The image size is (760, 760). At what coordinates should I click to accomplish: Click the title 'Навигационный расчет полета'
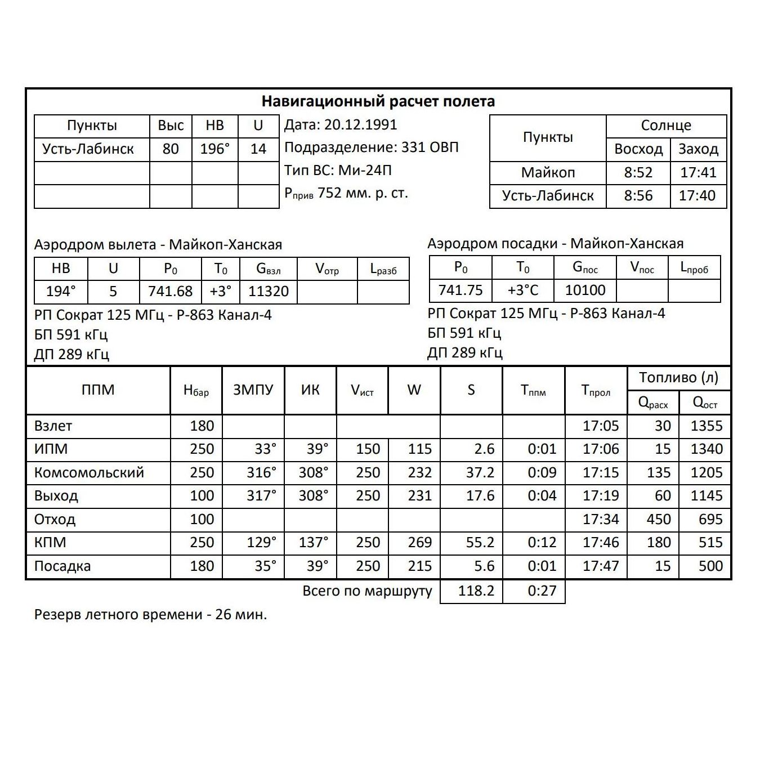tap(378, 101)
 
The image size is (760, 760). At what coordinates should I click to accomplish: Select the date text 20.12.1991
tap(360, 124)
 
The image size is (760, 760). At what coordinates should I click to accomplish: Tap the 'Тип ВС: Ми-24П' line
tap(338, 170)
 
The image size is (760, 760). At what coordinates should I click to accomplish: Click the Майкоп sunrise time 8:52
tap(638, 172)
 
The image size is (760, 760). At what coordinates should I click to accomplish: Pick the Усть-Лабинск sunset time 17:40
tap(698, 195)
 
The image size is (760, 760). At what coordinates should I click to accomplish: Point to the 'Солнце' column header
tap(666, 126)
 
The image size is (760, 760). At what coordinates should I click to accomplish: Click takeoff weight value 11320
tap(269, 291)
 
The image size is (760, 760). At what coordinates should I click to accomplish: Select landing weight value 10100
tap(585, 290)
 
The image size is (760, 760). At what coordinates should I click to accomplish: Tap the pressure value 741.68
tap(170, 291)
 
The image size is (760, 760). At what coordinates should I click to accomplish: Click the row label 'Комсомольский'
tap(89, 472)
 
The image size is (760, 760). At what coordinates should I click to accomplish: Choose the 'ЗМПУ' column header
tap(253, 390)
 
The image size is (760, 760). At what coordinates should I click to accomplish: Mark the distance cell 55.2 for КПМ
tap(480, 542)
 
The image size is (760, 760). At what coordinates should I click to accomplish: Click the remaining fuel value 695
tap(710, 519)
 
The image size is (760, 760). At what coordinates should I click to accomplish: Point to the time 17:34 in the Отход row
tap(601, 519)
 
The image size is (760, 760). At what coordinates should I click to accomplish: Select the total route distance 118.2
tap(476, 591)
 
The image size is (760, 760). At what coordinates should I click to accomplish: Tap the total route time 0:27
tap(542, 591)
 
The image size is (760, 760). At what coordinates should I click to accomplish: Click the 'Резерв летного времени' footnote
tap(150, 614)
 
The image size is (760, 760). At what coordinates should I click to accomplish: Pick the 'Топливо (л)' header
tap(678, 378)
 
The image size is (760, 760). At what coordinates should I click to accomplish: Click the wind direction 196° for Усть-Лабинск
tap(215, 149)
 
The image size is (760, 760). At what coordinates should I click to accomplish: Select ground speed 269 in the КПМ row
tap(419, 542)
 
